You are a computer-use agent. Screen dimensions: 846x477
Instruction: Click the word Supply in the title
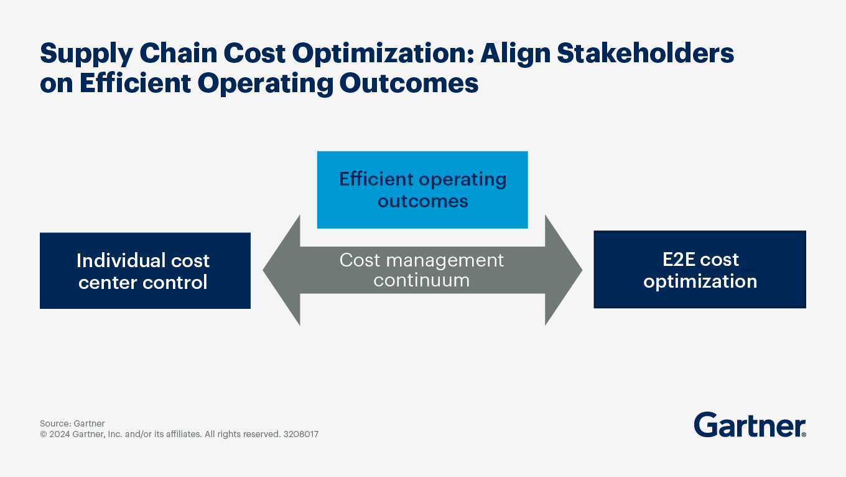(86, 54)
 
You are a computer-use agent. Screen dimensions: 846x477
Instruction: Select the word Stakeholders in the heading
(646, 53)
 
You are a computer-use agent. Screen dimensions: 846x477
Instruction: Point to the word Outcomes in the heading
(409, 83)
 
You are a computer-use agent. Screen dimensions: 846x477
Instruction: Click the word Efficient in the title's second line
(135, 83)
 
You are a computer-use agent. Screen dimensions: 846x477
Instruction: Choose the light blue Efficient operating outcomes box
(422, 190)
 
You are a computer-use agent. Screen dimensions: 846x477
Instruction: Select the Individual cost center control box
(145, 271)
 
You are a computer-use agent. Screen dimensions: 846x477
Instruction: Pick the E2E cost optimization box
(700, 270)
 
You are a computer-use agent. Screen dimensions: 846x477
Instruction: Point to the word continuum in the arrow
(422, 280)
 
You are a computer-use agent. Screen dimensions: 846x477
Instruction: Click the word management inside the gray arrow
(445, 261)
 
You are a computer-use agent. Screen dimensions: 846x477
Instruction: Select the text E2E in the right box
(679, 260)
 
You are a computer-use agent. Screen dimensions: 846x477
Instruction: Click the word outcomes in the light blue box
(423, 202)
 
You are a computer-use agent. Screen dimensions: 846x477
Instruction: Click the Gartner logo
(750, 425)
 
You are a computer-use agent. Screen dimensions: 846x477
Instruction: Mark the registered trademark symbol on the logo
(804, 435)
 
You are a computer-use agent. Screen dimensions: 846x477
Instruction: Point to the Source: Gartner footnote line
(72, 423)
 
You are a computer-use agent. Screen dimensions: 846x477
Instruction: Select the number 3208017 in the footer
(300, 434)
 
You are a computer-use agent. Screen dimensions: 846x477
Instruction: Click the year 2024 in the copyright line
(59, 434)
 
